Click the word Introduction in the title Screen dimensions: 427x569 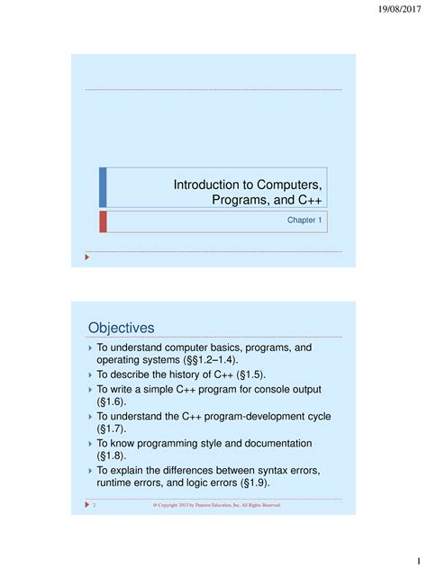(x=210, y=184)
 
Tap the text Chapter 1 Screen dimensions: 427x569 (x=304, y=220)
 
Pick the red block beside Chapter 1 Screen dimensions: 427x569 (x=103, y=221)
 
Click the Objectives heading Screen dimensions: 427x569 (x=122, y=327)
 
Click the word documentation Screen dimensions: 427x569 (x=271, y=443)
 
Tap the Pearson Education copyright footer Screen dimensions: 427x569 (x=217, y=505)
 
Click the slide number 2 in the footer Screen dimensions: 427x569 (x=94, y=505)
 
